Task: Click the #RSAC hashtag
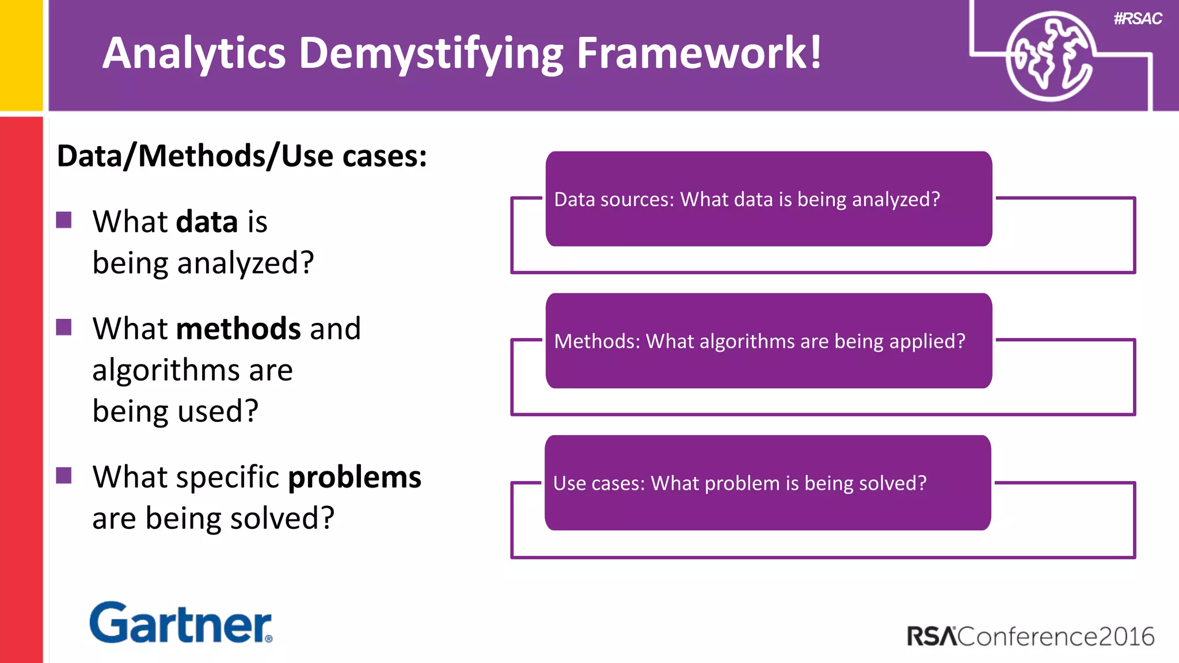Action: tap(1138, 18)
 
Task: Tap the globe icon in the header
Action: tap(1049, 56)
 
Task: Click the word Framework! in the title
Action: tap(699, 53)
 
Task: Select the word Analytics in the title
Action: tap(194, 53)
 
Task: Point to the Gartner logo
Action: tap(181, 623)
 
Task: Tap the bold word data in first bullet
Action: tap(207, 222)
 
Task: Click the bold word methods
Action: tap(238, 329)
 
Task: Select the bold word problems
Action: tap(355, 477)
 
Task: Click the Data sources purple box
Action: tap(768, 199)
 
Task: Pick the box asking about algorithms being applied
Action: tap(768, 341)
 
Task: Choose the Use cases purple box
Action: tap(767, 483)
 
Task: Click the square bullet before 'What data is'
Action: tap(64, 220)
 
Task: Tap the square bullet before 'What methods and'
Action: tap(64, 327)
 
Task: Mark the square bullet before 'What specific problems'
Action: tap(64, 475)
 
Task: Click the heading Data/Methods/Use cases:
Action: tap(242, 156)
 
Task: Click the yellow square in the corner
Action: tap(21, 55)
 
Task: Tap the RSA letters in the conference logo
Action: tap(931, 637)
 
